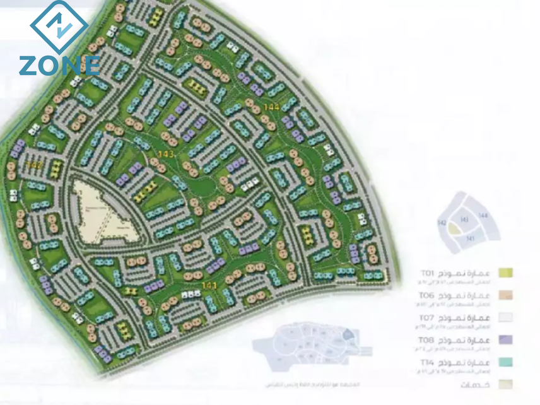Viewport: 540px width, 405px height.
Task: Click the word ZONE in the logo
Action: point(60,64)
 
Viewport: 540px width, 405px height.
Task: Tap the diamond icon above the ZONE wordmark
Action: point(59,27)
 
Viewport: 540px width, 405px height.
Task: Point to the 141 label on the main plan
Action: point(209,285)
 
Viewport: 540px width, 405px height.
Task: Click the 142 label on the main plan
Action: point(35,165)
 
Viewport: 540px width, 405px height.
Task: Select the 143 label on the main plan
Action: point(166,154)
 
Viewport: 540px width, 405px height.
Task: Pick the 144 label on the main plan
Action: point(272,107)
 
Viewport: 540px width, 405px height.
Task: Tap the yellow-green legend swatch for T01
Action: point(505,273)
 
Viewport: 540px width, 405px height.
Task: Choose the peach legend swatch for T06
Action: point(505,295)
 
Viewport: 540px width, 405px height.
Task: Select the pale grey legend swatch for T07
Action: point(505,317)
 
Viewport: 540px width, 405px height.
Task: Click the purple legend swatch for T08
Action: point(505,339)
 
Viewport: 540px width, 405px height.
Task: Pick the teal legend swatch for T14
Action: point(505,362)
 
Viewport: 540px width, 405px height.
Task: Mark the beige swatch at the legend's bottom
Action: point(505,384)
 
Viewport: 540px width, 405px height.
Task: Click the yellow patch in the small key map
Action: point(454,229)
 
